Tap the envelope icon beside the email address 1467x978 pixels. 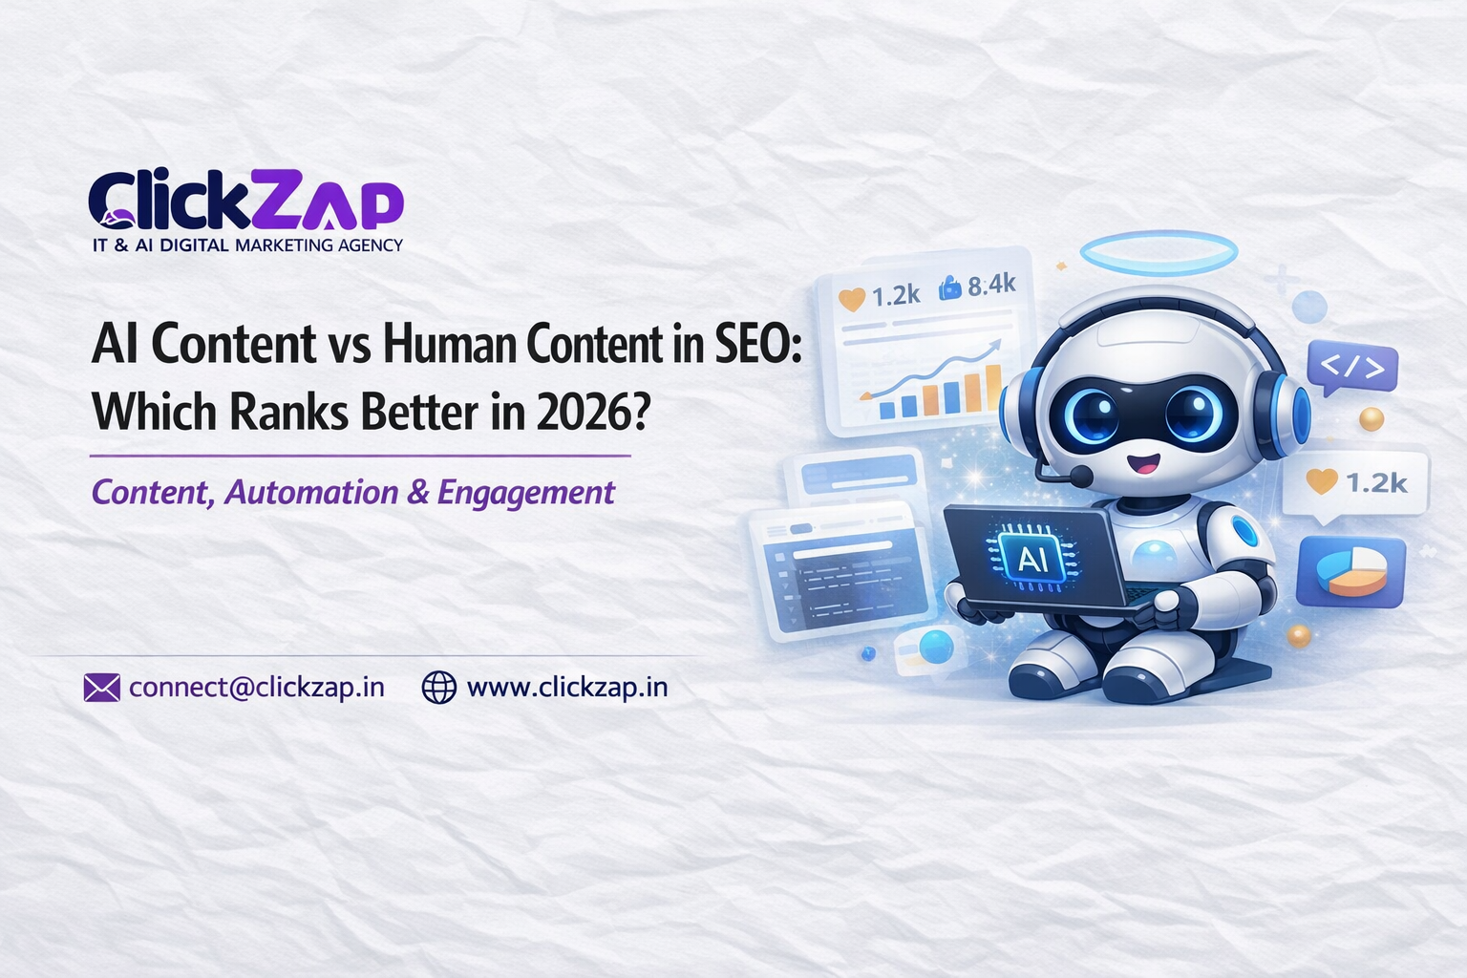101,688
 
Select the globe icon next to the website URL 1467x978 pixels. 438,688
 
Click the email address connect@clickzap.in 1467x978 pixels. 256,688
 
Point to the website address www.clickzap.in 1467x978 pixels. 566,688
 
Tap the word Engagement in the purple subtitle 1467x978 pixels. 525,493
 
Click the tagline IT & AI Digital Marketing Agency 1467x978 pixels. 247,245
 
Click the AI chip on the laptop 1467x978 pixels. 1032,557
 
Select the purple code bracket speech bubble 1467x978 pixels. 1351,367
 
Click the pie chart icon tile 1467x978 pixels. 1350,571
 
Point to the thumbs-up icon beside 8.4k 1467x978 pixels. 949,287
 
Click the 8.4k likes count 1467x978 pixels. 991,285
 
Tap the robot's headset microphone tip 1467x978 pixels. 1081,475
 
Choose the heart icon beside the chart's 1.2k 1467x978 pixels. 851,299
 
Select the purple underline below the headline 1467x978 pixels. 360,457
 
